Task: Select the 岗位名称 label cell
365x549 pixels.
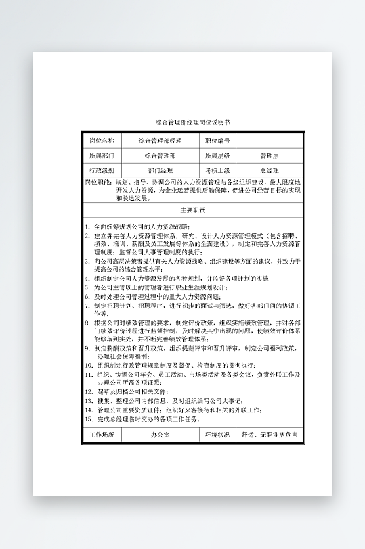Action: click(102, 141)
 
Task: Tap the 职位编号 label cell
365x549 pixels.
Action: click(217, 141)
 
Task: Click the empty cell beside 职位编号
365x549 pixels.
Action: click(269, 141)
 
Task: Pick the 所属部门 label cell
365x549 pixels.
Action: click(102, 156)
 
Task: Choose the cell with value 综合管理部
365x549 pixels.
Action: click(160, 156)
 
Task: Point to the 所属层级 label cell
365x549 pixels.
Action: click(217, 156)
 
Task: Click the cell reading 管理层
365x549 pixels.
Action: click(269, 156)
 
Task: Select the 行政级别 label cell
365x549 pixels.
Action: click(102, 170)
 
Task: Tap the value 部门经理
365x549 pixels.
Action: click(160, 170)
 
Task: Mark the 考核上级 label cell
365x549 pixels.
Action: click(217, 170)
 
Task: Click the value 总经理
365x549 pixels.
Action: click(269, 170)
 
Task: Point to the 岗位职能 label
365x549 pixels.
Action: click(98, 183)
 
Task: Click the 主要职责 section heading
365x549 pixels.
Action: click(192, 210)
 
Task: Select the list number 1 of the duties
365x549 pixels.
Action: click(87, 226)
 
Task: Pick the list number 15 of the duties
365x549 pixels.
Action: click(89, 419)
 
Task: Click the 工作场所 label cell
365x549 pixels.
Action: click(102, 435)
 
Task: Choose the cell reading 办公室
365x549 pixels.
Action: click(160, 435)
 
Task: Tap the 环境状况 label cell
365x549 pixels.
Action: click(217, 435)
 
